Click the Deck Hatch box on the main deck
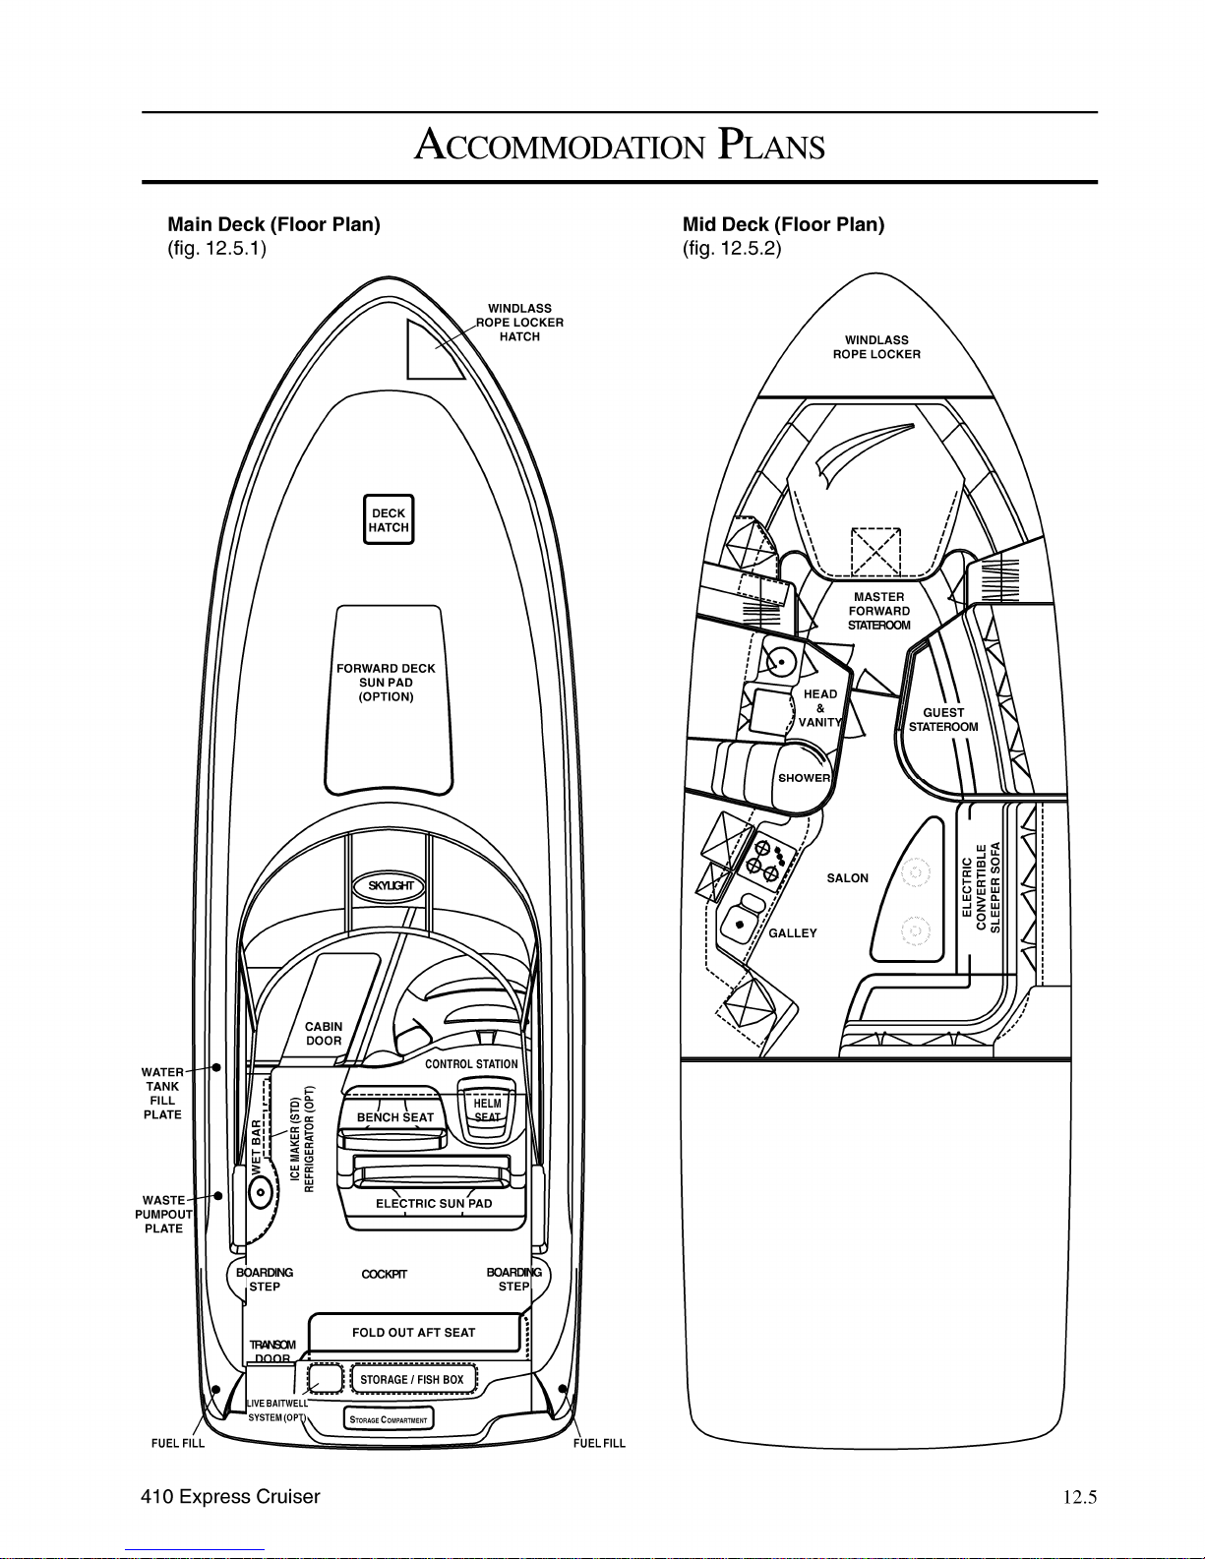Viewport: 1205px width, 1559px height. click(388, 519)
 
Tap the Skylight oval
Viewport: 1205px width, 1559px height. click(390, 885)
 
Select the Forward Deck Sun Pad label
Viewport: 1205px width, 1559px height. click(386, 683)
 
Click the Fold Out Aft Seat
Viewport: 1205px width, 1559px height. click(414, 1333)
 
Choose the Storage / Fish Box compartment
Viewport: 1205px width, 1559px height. click(412, 1379)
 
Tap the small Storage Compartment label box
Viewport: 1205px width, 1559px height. click(388, 1419)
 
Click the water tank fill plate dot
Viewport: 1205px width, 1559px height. click(216, 1067)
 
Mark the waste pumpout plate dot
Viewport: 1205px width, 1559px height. click(218, 1195)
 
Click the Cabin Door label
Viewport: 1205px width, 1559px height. click(324, 1033)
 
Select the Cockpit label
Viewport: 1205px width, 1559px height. click(384, 1274)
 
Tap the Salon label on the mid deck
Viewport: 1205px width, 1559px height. click(847, 877)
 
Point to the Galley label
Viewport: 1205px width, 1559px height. click(793, 932)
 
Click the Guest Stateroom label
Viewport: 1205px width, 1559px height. click(943, 719)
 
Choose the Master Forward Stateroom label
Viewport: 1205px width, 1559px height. click(878, 611)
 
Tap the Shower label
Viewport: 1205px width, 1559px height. click(804, 778)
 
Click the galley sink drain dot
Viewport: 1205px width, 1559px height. click(740, 925)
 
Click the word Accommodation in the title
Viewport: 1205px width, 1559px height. click(560, 145)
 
